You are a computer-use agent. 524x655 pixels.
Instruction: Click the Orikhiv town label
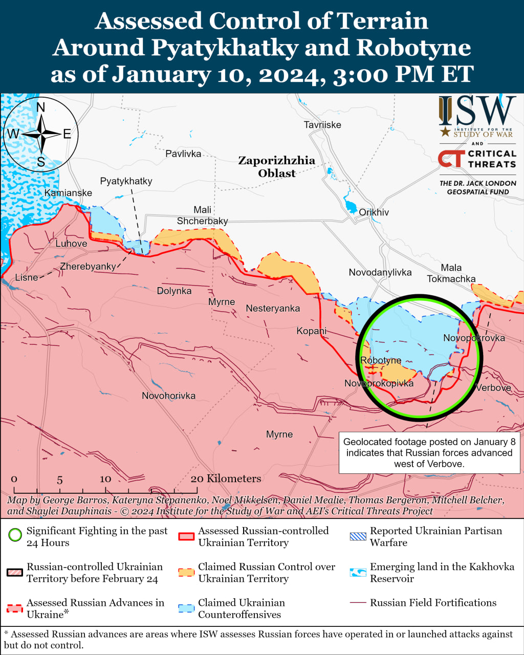[374, 212]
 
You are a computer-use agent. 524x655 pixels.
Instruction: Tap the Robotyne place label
[380, 360]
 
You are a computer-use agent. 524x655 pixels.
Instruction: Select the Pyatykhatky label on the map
[126, 181]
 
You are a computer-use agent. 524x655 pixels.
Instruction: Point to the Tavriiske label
[322, 125]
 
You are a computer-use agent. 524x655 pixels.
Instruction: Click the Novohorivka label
[168, 396]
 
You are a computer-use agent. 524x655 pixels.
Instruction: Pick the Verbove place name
[493, 388]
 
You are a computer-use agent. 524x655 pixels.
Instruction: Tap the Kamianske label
[68, 193]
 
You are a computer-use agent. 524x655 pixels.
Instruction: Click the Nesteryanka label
[273, 309]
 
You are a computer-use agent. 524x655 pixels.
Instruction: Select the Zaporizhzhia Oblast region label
[277, 167]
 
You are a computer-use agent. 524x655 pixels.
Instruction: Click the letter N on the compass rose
[41, 107]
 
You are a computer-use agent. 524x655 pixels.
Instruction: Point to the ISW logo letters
[477, 112]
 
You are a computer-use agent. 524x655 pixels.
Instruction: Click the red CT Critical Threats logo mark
[451, 159]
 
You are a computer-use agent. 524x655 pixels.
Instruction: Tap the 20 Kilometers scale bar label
[226, 478]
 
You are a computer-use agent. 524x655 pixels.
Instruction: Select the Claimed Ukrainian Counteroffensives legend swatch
[186, 608]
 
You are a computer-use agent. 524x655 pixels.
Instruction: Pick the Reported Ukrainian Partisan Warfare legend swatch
[358, 536]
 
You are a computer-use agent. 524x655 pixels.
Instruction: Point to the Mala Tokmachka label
[451, 273]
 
